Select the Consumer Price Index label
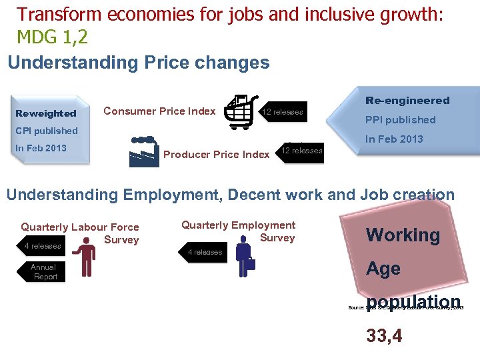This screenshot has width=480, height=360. coord(159,111)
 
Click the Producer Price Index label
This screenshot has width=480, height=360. coord(216,155)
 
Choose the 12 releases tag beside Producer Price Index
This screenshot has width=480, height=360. coord(301,151)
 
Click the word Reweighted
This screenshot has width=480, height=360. coord(46,113)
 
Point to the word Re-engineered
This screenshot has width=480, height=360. coord(407,101)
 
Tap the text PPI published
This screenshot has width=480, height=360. coord(400,120)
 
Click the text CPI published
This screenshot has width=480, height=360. coord(47,131)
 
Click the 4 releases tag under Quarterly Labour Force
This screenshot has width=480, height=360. coord(41,246)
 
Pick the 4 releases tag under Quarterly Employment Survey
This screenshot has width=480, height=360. coord(205,252)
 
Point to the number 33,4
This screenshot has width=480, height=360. coord(384,336)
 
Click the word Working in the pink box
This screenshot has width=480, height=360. coord(403,235)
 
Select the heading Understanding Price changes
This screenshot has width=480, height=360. coord(139,63)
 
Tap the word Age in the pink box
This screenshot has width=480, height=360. coord(383,269)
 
